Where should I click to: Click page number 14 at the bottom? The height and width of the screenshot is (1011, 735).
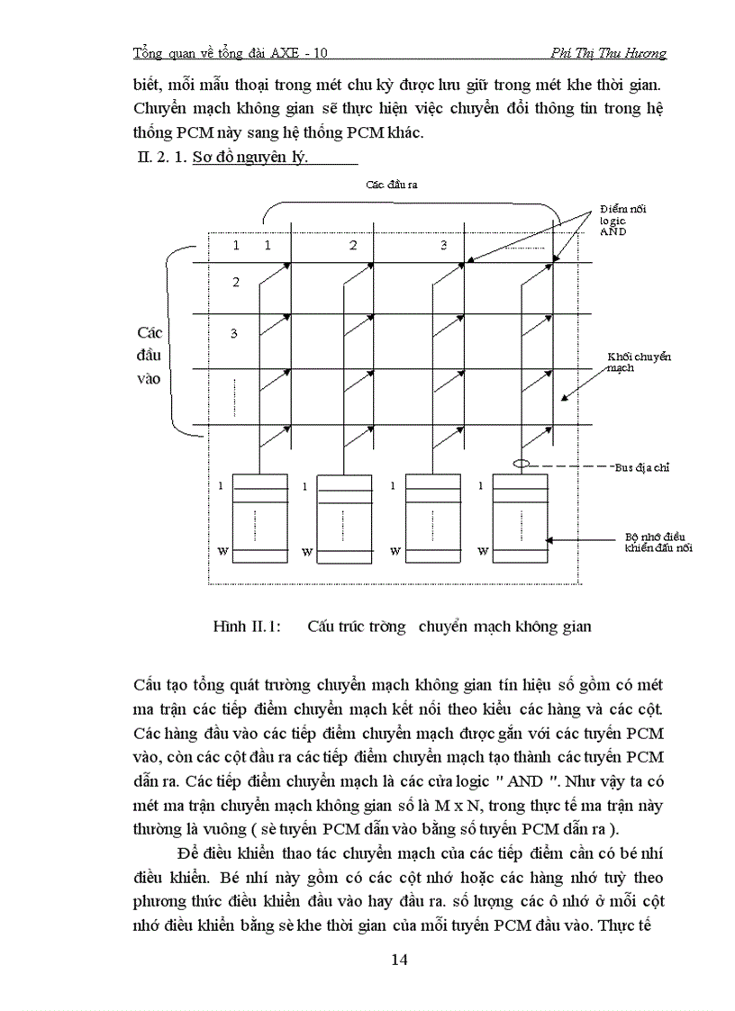400,960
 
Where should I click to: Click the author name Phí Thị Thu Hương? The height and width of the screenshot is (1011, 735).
608,53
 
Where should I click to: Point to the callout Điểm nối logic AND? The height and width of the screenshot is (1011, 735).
622,220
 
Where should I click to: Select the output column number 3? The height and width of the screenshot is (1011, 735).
443,245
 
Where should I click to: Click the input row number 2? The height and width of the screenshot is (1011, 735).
235,283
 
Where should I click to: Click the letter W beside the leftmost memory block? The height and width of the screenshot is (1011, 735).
219,551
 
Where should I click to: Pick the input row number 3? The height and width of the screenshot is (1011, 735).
233,334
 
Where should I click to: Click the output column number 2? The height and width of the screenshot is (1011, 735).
353,245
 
